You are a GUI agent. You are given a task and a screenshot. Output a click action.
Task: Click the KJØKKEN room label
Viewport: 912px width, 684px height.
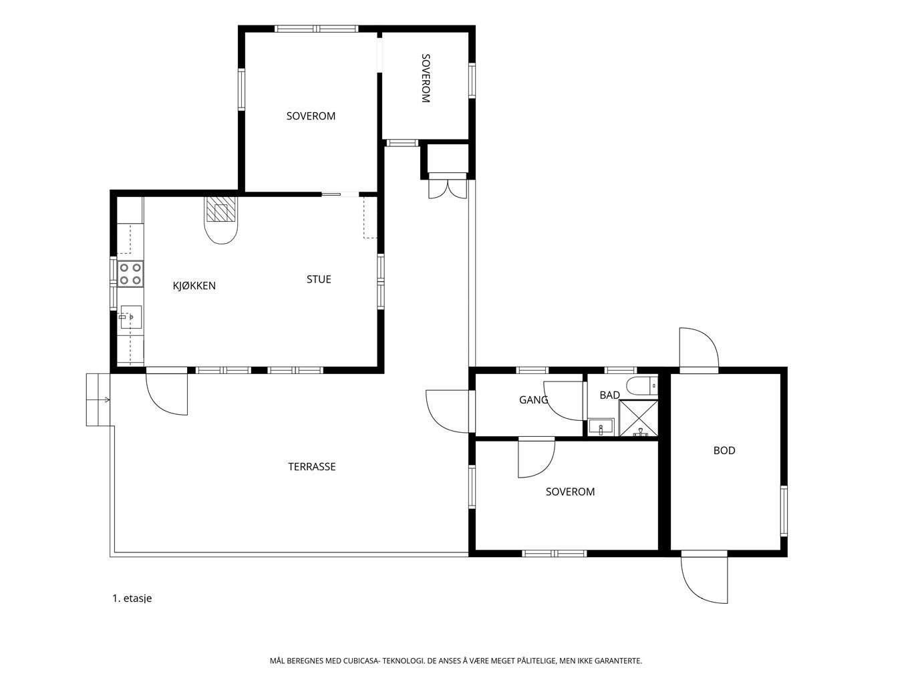tap(194, 286)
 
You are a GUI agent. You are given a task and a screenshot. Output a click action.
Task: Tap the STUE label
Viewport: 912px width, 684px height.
tap(319, 279)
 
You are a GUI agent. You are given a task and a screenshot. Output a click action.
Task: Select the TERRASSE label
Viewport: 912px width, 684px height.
tap(311, 467)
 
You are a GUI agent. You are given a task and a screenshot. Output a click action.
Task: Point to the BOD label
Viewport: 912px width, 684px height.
tap(724, 451)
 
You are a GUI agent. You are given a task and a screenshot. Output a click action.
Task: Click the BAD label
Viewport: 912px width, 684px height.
tap(609, 395)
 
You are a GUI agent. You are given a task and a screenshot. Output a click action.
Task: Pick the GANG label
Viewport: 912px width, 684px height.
tap(533, 400)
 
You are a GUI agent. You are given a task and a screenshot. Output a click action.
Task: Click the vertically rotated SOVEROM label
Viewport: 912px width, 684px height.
tap(426, 78)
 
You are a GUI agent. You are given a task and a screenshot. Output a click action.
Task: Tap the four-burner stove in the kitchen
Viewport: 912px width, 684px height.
tap(130, 274)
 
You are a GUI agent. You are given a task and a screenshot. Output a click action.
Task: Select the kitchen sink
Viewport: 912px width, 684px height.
tap(131, 318)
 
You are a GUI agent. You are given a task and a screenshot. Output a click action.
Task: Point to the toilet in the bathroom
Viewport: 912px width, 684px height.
tap(642, 386)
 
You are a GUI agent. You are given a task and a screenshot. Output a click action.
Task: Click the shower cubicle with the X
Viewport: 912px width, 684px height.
tap(638, 418)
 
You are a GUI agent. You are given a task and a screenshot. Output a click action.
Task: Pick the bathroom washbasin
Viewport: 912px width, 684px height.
tap(601, 427)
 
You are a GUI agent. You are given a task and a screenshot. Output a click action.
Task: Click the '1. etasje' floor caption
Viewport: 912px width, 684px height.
tap(132, 598)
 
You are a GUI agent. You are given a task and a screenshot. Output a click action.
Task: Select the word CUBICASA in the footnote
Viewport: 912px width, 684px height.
tap(361, 661)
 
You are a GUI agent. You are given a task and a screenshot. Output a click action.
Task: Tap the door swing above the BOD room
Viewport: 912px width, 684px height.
tap(699, 347)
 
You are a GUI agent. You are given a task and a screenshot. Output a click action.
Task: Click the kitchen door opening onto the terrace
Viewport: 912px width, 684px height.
tap(166, 393)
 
